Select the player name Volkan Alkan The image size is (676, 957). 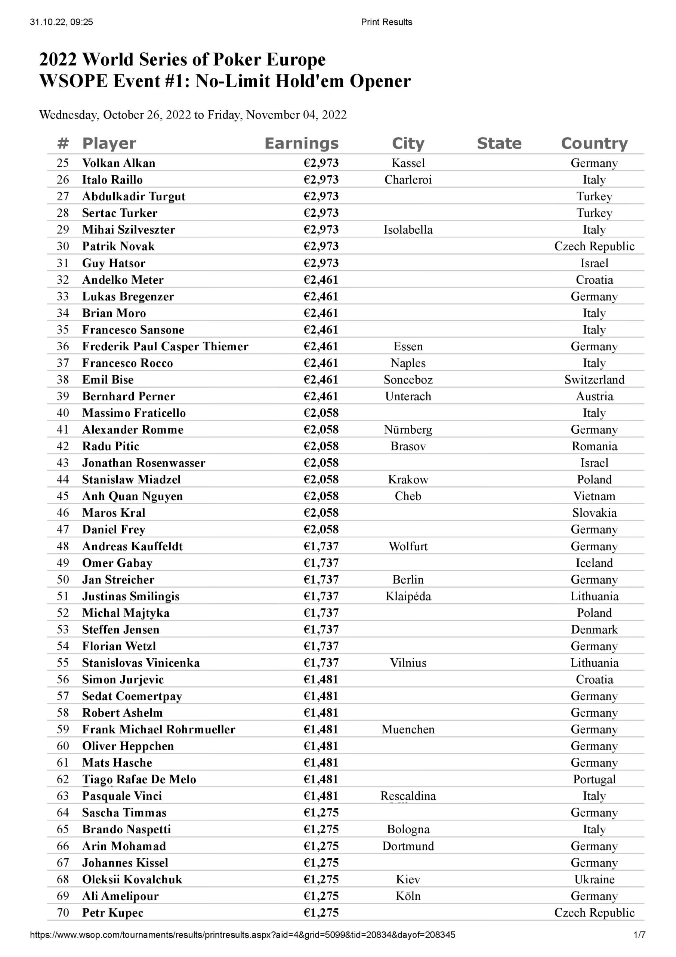[118, 163]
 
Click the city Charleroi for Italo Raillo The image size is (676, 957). [408, 180]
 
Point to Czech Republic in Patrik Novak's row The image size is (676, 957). [594, 246]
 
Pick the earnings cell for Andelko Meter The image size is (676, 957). [321, 280]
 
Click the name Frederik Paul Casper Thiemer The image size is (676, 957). [165, 347]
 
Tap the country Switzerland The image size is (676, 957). [594, 380]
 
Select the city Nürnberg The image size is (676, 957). [408, 430]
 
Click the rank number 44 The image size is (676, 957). [63, 480]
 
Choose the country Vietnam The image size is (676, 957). [594, 496]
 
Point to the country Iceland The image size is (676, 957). [594, 563]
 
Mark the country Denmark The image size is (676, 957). [594, 630]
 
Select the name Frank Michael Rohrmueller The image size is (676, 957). [158, 729]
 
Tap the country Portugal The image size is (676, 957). [594, 779]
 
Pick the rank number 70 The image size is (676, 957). [63, 913]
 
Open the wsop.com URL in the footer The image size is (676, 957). [242, 935]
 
